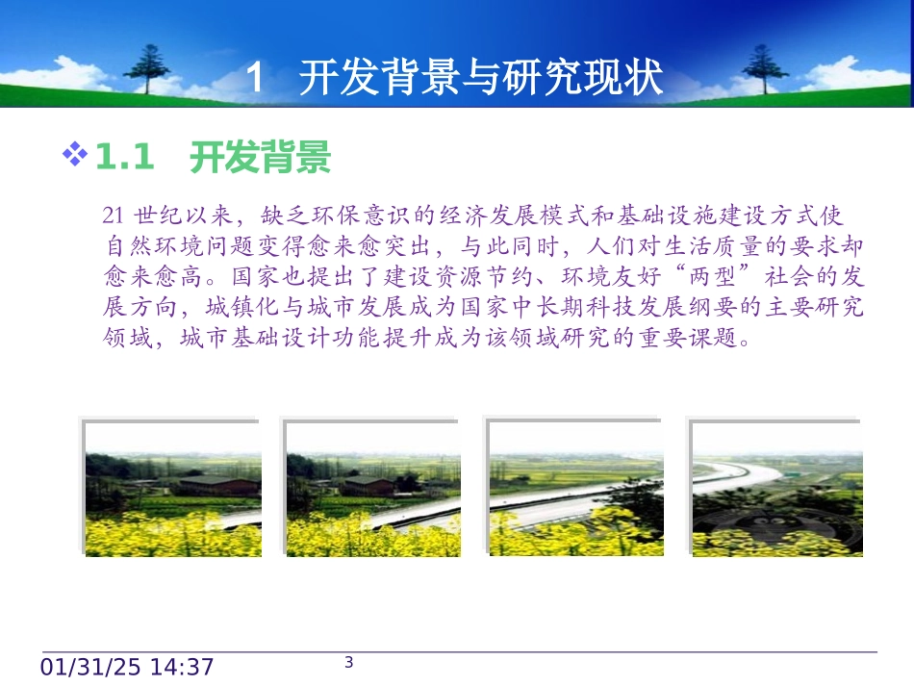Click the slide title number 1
coord(255,78)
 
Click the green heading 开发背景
coord(261,157)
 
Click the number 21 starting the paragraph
coord(111,214)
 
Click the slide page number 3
coord(349,662)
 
